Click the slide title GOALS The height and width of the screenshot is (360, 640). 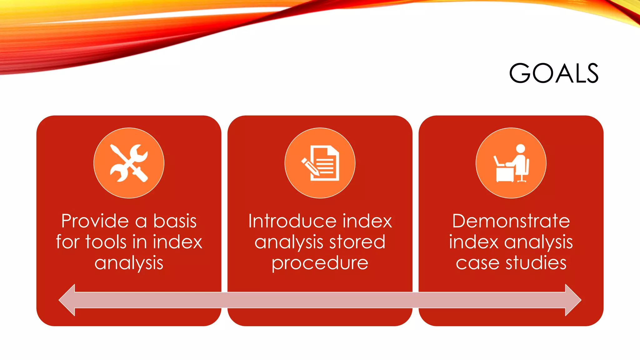tap(553, 73)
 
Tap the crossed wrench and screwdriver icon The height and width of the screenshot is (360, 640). tap(129, 163)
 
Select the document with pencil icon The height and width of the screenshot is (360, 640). tap(320, 163)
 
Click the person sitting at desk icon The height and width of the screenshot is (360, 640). tap(511, 163)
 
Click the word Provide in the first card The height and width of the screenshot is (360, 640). tap(95, 221)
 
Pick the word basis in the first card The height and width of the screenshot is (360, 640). tap(175, 221)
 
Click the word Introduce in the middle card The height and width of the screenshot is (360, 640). tap(292, 221)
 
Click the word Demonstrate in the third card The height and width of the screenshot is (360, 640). tap(511, 221)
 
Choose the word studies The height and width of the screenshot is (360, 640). tap(536, 263)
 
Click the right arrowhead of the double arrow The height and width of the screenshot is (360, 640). tap(573, 300)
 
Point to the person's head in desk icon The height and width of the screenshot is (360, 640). tap(521, 148)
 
